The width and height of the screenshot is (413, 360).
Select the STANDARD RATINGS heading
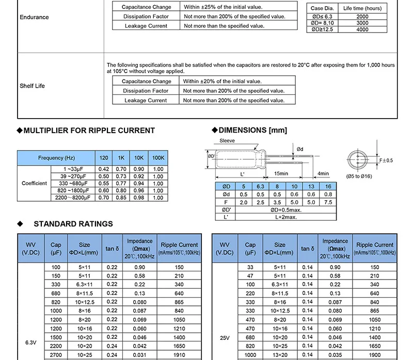[x=73, y=224]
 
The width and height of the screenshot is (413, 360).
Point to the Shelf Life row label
[x=33, y=86]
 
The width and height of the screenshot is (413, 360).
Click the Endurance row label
[x=34, y=17]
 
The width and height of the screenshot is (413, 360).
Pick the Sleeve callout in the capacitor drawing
[x=227, y=140]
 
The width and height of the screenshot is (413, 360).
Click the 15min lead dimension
[x=281, y=173]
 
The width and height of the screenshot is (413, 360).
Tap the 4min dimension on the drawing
[x=324, y=173]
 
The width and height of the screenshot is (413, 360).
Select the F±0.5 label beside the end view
[x=386, y=160]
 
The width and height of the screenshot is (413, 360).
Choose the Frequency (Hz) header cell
[x=56, y=158]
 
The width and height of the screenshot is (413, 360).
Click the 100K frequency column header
[x=158, y=158]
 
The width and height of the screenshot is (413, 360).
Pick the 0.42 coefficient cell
[x=103, y=169]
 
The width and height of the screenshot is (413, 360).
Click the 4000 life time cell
[x=362, y=29]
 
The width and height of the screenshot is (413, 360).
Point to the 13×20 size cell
[x=280, y=355]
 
